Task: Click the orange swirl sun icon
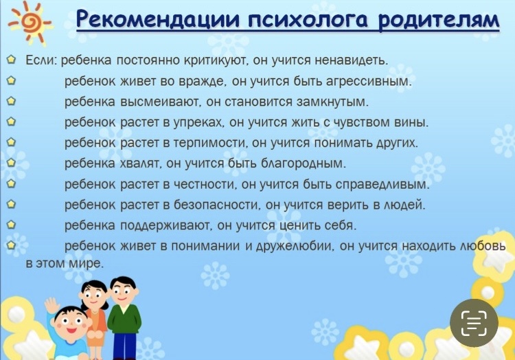click(x=29, y=23)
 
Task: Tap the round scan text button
click(x=474, y=323)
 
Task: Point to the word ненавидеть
click(x=351, y=60)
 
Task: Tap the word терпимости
click(x=210, y=143)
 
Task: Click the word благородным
click(x=303, y=164)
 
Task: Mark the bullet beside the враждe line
click(x=11, y=81)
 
